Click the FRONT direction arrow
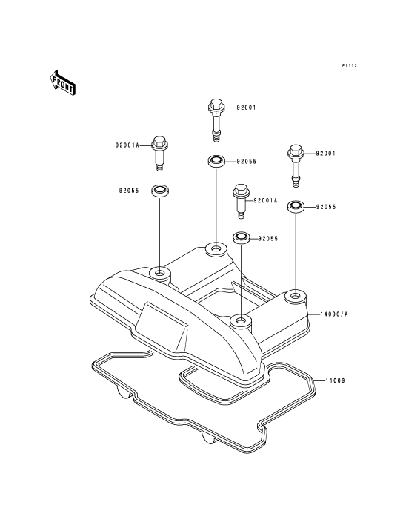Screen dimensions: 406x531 pos(62,82)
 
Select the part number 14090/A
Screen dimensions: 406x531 pos(334,314)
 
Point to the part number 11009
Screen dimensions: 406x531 pos(336,380)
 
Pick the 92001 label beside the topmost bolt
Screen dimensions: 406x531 pos(246,108)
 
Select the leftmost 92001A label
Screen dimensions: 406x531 pos(127,145)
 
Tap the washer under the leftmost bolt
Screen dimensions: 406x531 pos(160,191)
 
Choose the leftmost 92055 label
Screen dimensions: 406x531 pos(129,191)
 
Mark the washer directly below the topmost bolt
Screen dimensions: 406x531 pos(216,161)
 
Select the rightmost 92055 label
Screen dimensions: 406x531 pos(326,207)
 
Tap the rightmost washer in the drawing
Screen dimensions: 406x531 pos(296,206)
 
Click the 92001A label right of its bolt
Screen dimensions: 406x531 pos(265,200)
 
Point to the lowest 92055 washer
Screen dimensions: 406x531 pos(241,237)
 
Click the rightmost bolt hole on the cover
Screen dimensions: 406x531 pos(296,297)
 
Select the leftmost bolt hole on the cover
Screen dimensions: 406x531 pos(159,272)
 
